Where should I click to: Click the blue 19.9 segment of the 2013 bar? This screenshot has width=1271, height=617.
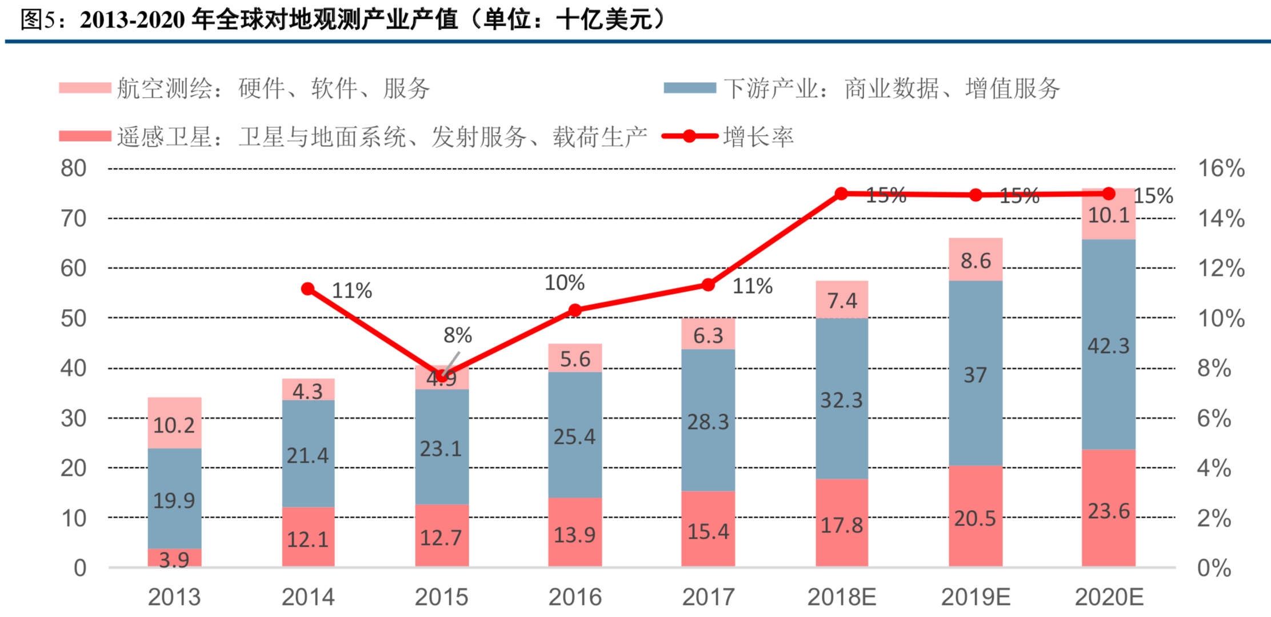174,498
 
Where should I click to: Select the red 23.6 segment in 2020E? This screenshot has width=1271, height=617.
1108,508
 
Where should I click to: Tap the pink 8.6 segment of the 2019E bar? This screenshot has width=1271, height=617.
975,260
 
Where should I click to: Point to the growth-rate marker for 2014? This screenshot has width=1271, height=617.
307,289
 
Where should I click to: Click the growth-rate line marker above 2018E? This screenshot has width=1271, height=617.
841,194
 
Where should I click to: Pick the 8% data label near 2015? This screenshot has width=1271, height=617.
457,335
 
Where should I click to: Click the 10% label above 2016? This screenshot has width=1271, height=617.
564,283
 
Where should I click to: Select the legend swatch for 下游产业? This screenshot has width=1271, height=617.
689,89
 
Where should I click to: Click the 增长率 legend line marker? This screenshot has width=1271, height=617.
689,137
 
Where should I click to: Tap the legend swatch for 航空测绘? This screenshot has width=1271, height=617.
85,89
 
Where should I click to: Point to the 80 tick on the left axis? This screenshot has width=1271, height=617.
73,169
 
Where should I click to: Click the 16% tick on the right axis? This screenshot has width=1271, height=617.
1221,169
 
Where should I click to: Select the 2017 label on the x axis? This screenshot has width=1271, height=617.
708,597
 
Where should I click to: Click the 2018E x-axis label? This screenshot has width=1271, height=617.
841,597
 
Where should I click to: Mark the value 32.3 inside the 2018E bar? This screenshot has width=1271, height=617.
841,400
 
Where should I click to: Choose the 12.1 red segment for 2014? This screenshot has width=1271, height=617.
307,538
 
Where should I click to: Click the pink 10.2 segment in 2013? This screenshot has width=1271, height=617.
174,424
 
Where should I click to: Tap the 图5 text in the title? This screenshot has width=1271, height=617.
38,20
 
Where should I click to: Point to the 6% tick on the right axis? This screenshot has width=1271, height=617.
1214,419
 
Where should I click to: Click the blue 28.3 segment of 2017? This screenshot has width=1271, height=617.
708,421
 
